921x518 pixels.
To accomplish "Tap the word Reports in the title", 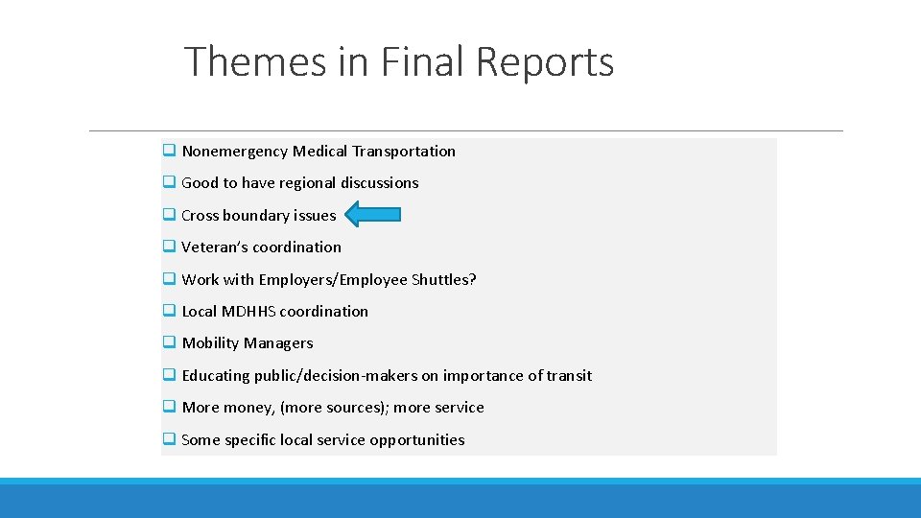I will [x=545, y=62].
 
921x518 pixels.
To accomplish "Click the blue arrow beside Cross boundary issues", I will [x=372, y=215].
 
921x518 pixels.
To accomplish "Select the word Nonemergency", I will [x=234, y=151].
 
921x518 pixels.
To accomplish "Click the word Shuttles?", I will [x=444, y=279].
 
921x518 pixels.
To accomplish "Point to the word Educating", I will [x=216, y=375].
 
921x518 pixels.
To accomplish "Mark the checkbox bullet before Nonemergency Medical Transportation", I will [x=168, y=151].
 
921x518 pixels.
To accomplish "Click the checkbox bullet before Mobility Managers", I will [x=168, y=342].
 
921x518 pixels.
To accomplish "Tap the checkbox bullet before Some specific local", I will [x=168, y=439].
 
